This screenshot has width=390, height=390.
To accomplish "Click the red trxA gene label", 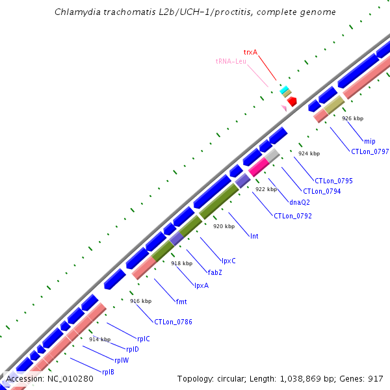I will (250, 51).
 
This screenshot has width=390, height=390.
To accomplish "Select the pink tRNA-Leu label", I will (231, 61).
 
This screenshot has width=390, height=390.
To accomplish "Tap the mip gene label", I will (369, 141).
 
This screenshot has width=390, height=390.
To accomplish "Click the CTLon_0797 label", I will (370, 151).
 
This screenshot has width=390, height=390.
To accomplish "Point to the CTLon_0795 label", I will (333, 181).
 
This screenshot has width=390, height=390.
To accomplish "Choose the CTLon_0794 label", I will (322, 191).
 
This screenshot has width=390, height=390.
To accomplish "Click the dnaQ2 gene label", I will (300, 202).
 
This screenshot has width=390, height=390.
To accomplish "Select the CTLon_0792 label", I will (292, 216).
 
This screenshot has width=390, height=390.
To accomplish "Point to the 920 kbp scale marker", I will (224, 226).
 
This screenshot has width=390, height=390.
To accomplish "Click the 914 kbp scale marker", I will (99, 339).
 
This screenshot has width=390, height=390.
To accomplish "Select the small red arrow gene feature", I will (292, 101).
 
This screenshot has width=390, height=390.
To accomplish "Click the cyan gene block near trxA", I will (283, 90).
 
